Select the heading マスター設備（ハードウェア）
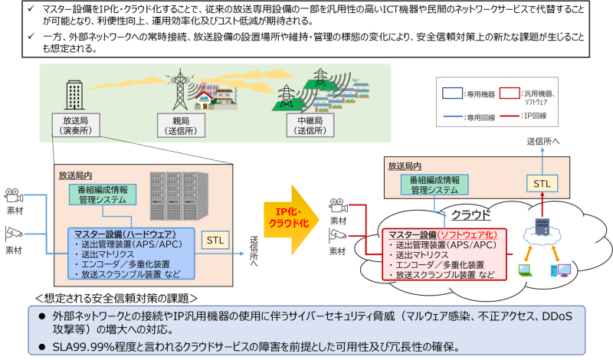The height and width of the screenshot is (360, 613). (x=123, y=234)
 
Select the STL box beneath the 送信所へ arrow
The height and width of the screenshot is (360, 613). (x=542, y=184)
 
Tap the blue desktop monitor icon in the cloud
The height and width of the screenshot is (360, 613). (x=560, y=269)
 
